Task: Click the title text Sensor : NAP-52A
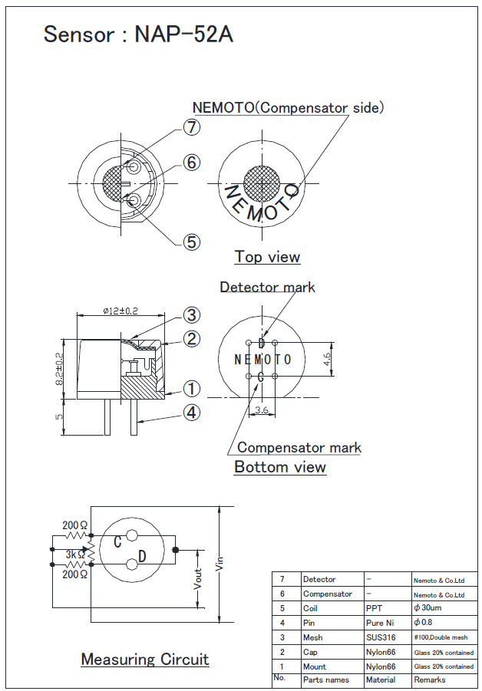(138, 34)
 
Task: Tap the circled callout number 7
(192, 128)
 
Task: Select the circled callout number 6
(192, 163)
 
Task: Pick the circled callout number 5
(192, 242)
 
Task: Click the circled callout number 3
(192, 315)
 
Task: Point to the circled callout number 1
(192, 389)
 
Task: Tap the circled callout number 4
(192, 413)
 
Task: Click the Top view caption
(267, 257)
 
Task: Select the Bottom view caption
(280, 467)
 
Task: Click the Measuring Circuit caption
(145, 660)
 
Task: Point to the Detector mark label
(267, 287)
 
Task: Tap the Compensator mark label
(299, 447)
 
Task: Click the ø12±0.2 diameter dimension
(121, 311)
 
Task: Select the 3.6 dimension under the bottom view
(261, 410)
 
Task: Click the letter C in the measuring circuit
(117, 542)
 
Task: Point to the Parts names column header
(325, 680)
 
